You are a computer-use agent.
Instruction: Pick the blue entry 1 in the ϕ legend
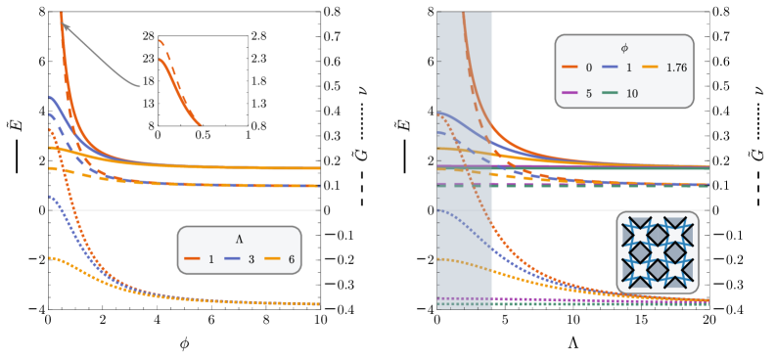click(624, 68)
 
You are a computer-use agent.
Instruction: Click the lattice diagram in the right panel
click(657, 251)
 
